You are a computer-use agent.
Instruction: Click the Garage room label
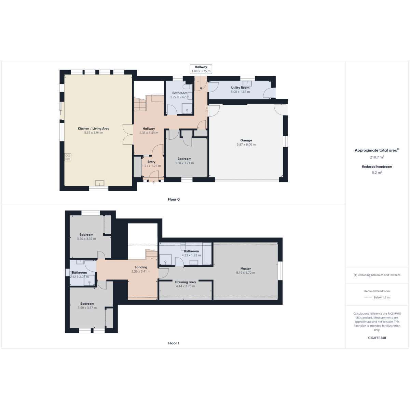[246, 140]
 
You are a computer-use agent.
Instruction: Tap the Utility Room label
[240, 88]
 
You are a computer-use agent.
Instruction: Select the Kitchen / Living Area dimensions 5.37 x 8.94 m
[94, 133]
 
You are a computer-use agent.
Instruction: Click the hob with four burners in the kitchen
[68, 157]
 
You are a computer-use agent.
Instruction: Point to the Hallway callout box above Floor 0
[201, 69]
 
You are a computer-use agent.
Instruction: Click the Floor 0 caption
[174, 199]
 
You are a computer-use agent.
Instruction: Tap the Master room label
[246, 269]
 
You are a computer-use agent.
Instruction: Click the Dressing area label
[185, 282]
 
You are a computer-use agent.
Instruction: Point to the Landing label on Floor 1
[141, 267]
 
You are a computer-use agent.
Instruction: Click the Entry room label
[151, 162]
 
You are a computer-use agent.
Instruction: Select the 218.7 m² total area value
[377, 157]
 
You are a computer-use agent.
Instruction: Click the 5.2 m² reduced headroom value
[377, 173]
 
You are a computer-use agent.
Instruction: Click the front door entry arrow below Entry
[154, 182]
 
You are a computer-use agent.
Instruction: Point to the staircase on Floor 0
[140, 104]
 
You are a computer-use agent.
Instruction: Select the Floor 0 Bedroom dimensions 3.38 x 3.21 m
[184, 163]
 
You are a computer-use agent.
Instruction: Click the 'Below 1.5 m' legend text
[382, 298]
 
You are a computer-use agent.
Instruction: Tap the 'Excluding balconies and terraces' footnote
[377, 275]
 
